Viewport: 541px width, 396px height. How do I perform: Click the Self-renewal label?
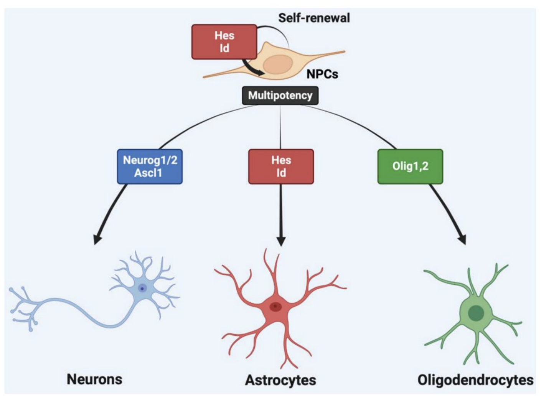(x=314, y=18)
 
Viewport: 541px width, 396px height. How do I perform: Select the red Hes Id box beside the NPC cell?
(x=224, y=42)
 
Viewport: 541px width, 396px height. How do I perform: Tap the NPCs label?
(x=322, y=74)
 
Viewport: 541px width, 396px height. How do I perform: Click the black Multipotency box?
(x=280, y=96)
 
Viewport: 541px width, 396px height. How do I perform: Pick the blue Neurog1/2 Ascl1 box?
(x=150, y=167)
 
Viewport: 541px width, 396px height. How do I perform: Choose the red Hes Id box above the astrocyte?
(x=281, y=167)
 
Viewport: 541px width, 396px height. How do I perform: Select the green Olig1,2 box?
(x=410, y=167)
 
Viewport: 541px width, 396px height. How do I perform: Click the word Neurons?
(x=94, y=379)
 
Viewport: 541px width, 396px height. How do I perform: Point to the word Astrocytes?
(x=280, y=380)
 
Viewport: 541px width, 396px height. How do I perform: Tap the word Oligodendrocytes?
(x=475, y=380)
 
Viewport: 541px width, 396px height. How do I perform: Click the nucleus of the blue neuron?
(x=142, y=288)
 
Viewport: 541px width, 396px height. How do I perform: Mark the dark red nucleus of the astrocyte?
(x=275, y=307)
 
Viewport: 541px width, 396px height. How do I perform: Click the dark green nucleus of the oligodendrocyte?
(x=476, y=313)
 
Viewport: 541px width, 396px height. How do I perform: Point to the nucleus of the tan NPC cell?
(x=278, y=65)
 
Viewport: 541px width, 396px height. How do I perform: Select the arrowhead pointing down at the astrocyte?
(x=281, y=241)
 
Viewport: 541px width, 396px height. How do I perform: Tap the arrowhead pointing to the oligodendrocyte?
(x=462, y=239)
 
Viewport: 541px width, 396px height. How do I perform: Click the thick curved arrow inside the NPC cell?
(x=251, y=69)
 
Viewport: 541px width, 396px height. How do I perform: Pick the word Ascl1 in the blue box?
(x=148, y=173)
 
